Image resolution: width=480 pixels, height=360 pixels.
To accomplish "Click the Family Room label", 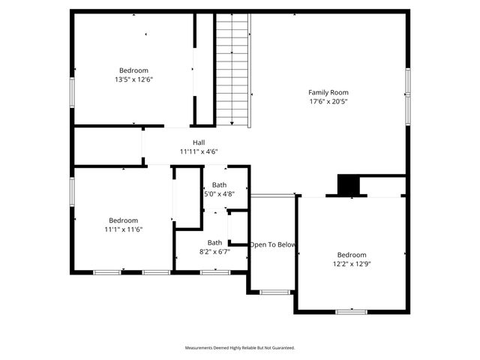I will [x=328, y=92].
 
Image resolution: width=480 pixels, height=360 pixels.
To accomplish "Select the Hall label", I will [x=198, y=142].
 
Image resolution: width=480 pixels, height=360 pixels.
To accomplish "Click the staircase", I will [x=233, y=69].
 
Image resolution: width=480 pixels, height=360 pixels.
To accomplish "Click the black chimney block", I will [x=348, y=185].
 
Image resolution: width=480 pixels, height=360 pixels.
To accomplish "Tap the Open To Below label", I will [x=274, y=244].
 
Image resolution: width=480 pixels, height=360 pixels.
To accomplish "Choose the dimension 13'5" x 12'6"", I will [x=134, y=79].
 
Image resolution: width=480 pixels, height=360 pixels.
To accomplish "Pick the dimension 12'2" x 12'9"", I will [x=351, y=263].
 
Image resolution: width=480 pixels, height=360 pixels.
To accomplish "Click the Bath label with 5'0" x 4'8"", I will [x=219, y=184].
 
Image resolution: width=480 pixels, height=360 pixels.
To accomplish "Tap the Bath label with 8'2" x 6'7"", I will [x=214, y=242].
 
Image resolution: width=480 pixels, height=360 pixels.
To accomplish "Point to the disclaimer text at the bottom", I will [x=240, y=348].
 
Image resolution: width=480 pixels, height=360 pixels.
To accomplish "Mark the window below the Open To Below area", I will [x=274, y=292].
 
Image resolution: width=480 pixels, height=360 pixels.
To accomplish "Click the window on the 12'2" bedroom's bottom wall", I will [x=351, y=310].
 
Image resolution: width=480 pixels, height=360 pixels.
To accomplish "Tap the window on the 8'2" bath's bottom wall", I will [x=214, y=272].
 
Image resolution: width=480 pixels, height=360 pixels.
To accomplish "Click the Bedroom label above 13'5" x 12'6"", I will [x=134, y=70].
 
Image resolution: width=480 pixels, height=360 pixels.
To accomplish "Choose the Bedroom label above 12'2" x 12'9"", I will [x=351, y=254].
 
